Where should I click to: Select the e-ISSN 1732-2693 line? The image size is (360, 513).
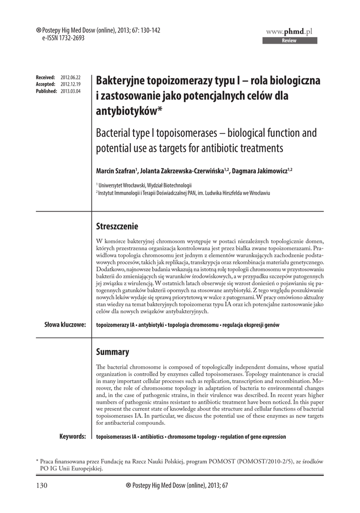click(x=56, y=38)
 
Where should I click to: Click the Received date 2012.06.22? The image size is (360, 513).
click(x=71, y=78)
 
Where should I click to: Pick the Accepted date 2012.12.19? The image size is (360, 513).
click(x=71, y=84)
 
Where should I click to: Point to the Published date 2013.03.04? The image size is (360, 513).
click(x=71, y=91)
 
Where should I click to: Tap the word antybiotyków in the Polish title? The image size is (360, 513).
click(x=127, y=110)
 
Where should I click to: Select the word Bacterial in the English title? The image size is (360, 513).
click(x=117, y=134)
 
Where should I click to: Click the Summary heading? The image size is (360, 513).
click(x=112, y=352)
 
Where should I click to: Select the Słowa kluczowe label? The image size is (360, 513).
click(x=65, y=325)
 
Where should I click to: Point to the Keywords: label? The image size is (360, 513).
click(x=72, y=436)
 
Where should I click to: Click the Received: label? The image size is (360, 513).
click(x=46, y=78)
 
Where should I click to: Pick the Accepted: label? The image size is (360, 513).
click(x=46, y=84)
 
